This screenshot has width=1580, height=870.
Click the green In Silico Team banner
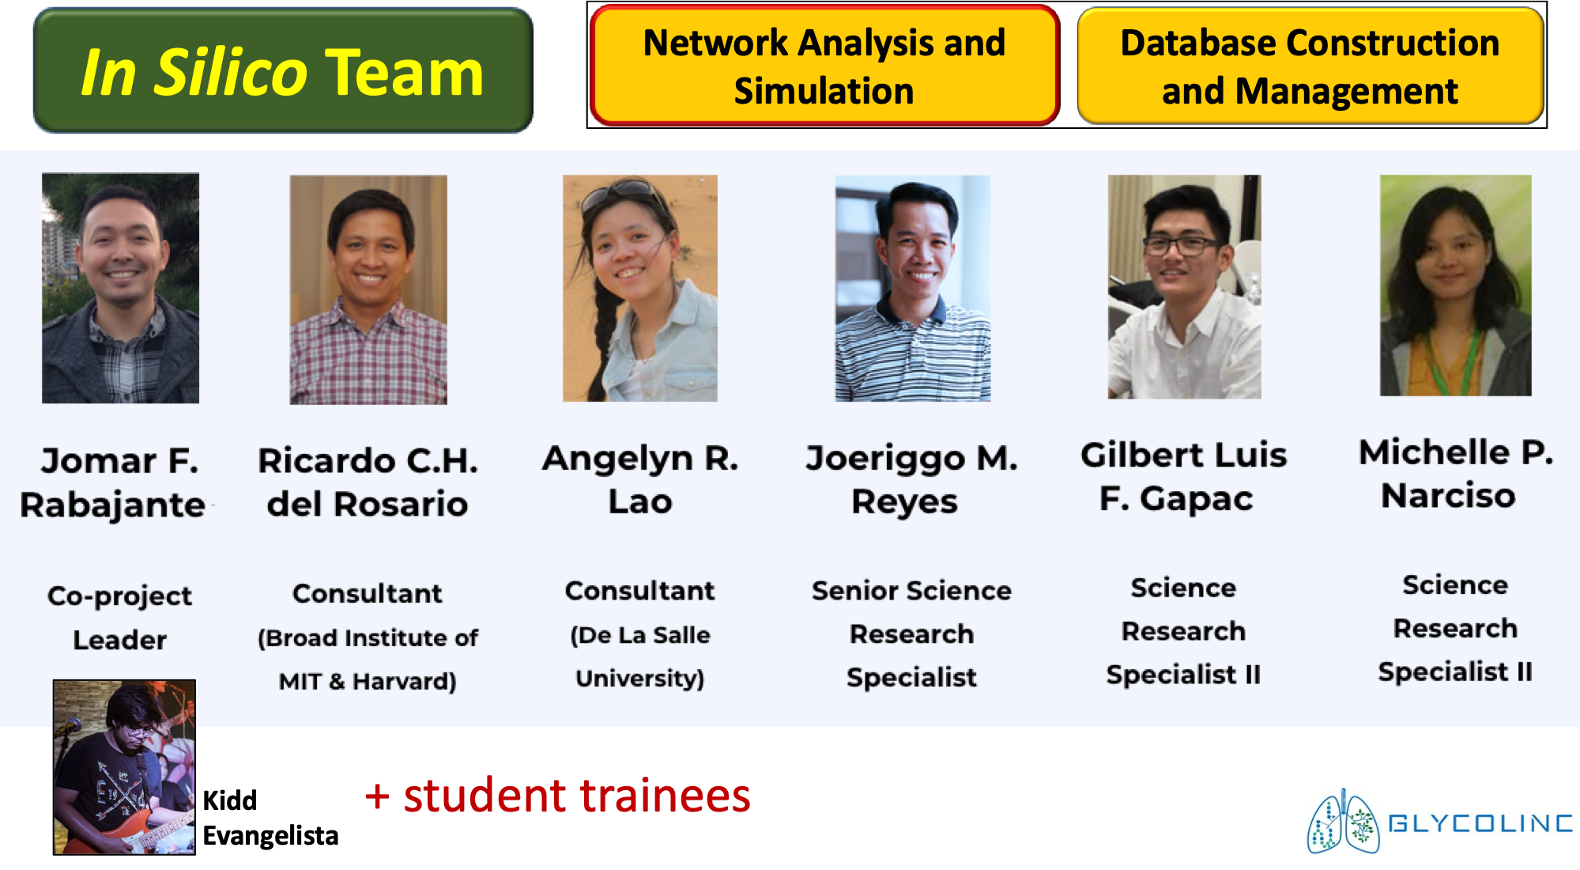(x=283, y=70)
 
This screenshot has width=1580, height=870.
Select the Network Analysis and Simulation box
(x=824, y=65)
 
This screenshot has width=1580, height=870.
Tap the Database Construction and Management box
(x=1310, y=66)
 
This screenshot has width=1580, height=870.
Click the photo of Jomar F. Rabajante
(x=120, y=288)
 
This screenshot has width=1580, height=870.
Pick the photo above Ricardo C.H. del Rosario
(x=368, y=289)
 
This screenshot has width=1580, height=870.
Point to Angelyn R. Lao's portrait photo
(x=640, y=288)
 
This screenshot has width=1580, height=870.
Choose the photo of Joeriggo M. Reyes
(x=913, y=288)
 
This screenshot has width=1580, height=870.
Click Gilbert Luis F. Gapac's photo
(x=1184, y=286)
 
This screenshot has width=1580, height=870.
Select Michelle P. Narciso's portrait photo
(x=1455, y=286)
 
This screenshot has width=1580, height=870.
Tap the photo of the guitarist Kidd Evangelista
(x=124, y=767)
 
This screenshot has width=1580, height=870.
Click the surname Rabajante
(x=113, y=505)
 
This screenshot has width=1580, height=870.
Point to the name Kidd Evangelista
(x=270, y=818)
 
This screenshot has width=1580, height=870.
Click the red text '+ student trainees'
(x=557, y=795)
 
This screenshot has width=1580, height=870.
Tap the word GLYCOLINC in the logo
(x=1480, y=823)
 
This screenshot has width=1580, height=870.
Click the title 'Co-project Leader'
(x=120, y=617)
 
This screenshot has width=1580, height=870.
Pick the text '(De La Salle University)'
(x=640, y=656)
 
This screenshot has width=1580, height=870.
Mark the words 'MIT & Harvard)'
(x=368, y=681)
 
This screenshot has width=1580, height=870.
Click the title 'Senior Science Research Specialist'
(x=912, y=634)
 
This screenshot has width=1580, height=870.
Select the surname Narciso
(x=1448, y=496)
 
